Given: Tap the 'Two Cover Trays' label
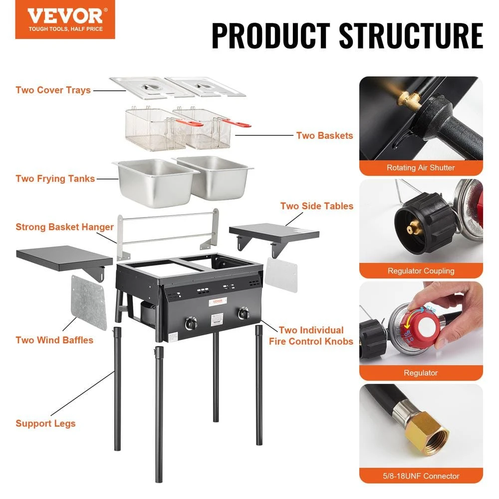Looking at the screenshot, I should (x=53, y=90).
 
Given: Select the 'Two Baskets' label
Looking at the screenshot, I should (x=324, y=135).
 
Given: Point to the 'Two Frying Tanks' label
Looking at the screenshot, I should (x=55, y=179).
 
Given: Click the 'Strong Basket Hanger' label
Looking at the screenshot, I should (x=64, y=227).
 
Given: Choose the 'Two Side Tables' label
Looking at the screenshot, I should (x=316, y=206).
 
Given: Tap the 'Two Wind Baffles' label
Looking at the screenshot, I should (x=54, y=340).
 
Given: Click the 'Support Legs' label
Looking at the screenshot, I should (x=45, y=424).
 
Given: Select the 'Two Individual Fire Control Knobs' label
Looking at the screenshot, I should (x=311, y=336).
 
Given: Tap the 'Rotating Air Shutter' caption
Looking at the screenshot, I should (x=421, y=168).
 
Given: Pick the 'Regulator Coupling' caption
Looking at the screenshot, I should (x=421, y=270).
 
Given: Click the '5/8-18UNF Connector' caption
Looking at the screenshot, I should (x=421, y=476).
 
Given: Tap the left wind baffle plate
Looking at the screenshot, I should (x=89, y=302).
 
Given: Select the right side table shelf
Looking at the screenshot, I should (x=274, y=233).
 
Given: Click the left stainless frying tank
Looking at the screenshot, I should (x=155, y=182).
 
